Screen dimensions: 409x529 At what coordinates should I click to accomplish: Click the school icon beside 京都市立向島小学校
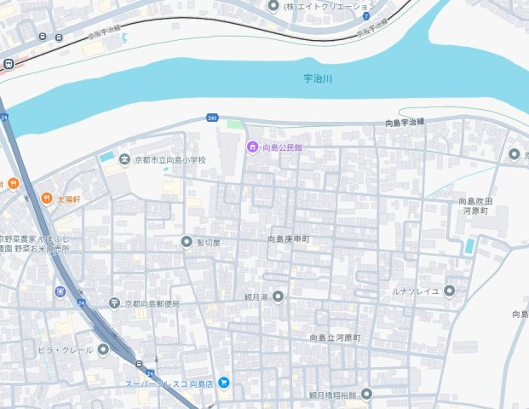click(125, 158)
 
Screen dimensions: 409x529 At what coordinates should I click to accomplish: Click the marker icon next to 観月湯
click(277, 297)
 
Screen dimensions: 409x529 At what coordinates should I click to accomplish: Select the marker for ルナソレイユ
click(450, 291)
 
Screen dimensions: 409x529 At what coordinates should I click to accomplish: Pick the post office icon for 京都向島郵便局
click(115, 303)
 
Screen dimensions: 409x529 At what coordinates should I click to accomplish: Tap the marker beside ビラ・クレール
click(103, 349)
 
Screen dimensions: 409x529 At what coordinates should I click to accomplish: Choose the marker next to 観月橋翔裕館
click(366, 394)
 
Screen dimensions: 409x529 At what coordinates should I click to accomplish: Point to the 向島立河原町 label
click(336, 338)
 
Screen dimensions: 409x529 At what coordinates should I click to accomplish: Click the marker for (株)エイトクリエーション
click(273, 6)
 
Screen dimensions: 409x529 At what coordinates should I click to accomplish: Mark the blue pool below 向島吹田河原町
click(469, 246)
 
